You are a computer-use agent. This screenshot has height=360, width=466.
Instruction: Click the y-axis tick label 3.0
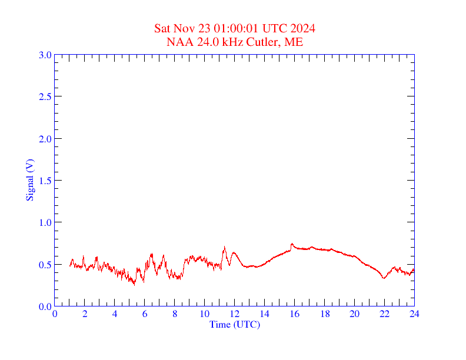[x=45, y=55]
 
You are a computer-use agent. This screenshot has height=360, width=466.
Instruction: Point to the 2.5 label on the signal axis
[x=45, y=96]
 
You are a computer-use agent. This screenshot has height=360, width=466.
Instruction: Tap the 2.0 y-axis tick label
[x=45, y=139]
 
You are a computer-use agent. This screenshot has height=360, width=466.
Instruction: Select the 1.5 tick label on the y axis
[x=45, y=181]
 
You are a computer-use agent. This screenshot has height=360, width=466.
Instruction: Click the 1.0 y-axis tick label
[x=45, y=222]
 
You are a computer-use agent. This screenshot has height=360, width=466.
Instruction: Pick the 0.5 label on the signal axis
[x=45, y=265]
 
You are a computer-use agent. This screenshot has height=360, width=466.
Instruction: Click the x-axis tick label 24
[x=414, y=314]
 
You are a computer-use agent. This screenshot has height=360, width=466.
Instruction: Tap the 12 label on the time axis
[x=235, y=314]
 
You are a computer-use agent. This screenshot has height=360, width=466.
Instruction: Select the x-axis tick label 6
[x=145, y=314]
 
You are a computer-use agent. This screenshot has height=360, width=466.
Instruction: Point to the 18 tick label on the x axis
[x=324, y=314]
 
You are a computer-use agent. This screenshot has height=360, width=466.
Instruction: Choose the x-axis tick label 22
[x=384, y=314]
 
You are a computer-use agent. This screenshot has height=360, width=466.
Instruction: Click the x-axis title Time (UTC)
[x=235, y=324]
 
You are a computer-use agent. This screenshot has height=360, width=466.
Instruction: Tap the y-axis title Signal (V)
[x=29, y=180]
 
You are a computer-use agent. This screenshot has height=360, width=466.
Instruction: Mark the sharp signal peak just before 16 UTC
[x=292, y=244]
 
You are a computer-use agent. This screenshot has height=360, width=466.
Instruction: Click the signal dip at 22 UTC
[x=384, y=278]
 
